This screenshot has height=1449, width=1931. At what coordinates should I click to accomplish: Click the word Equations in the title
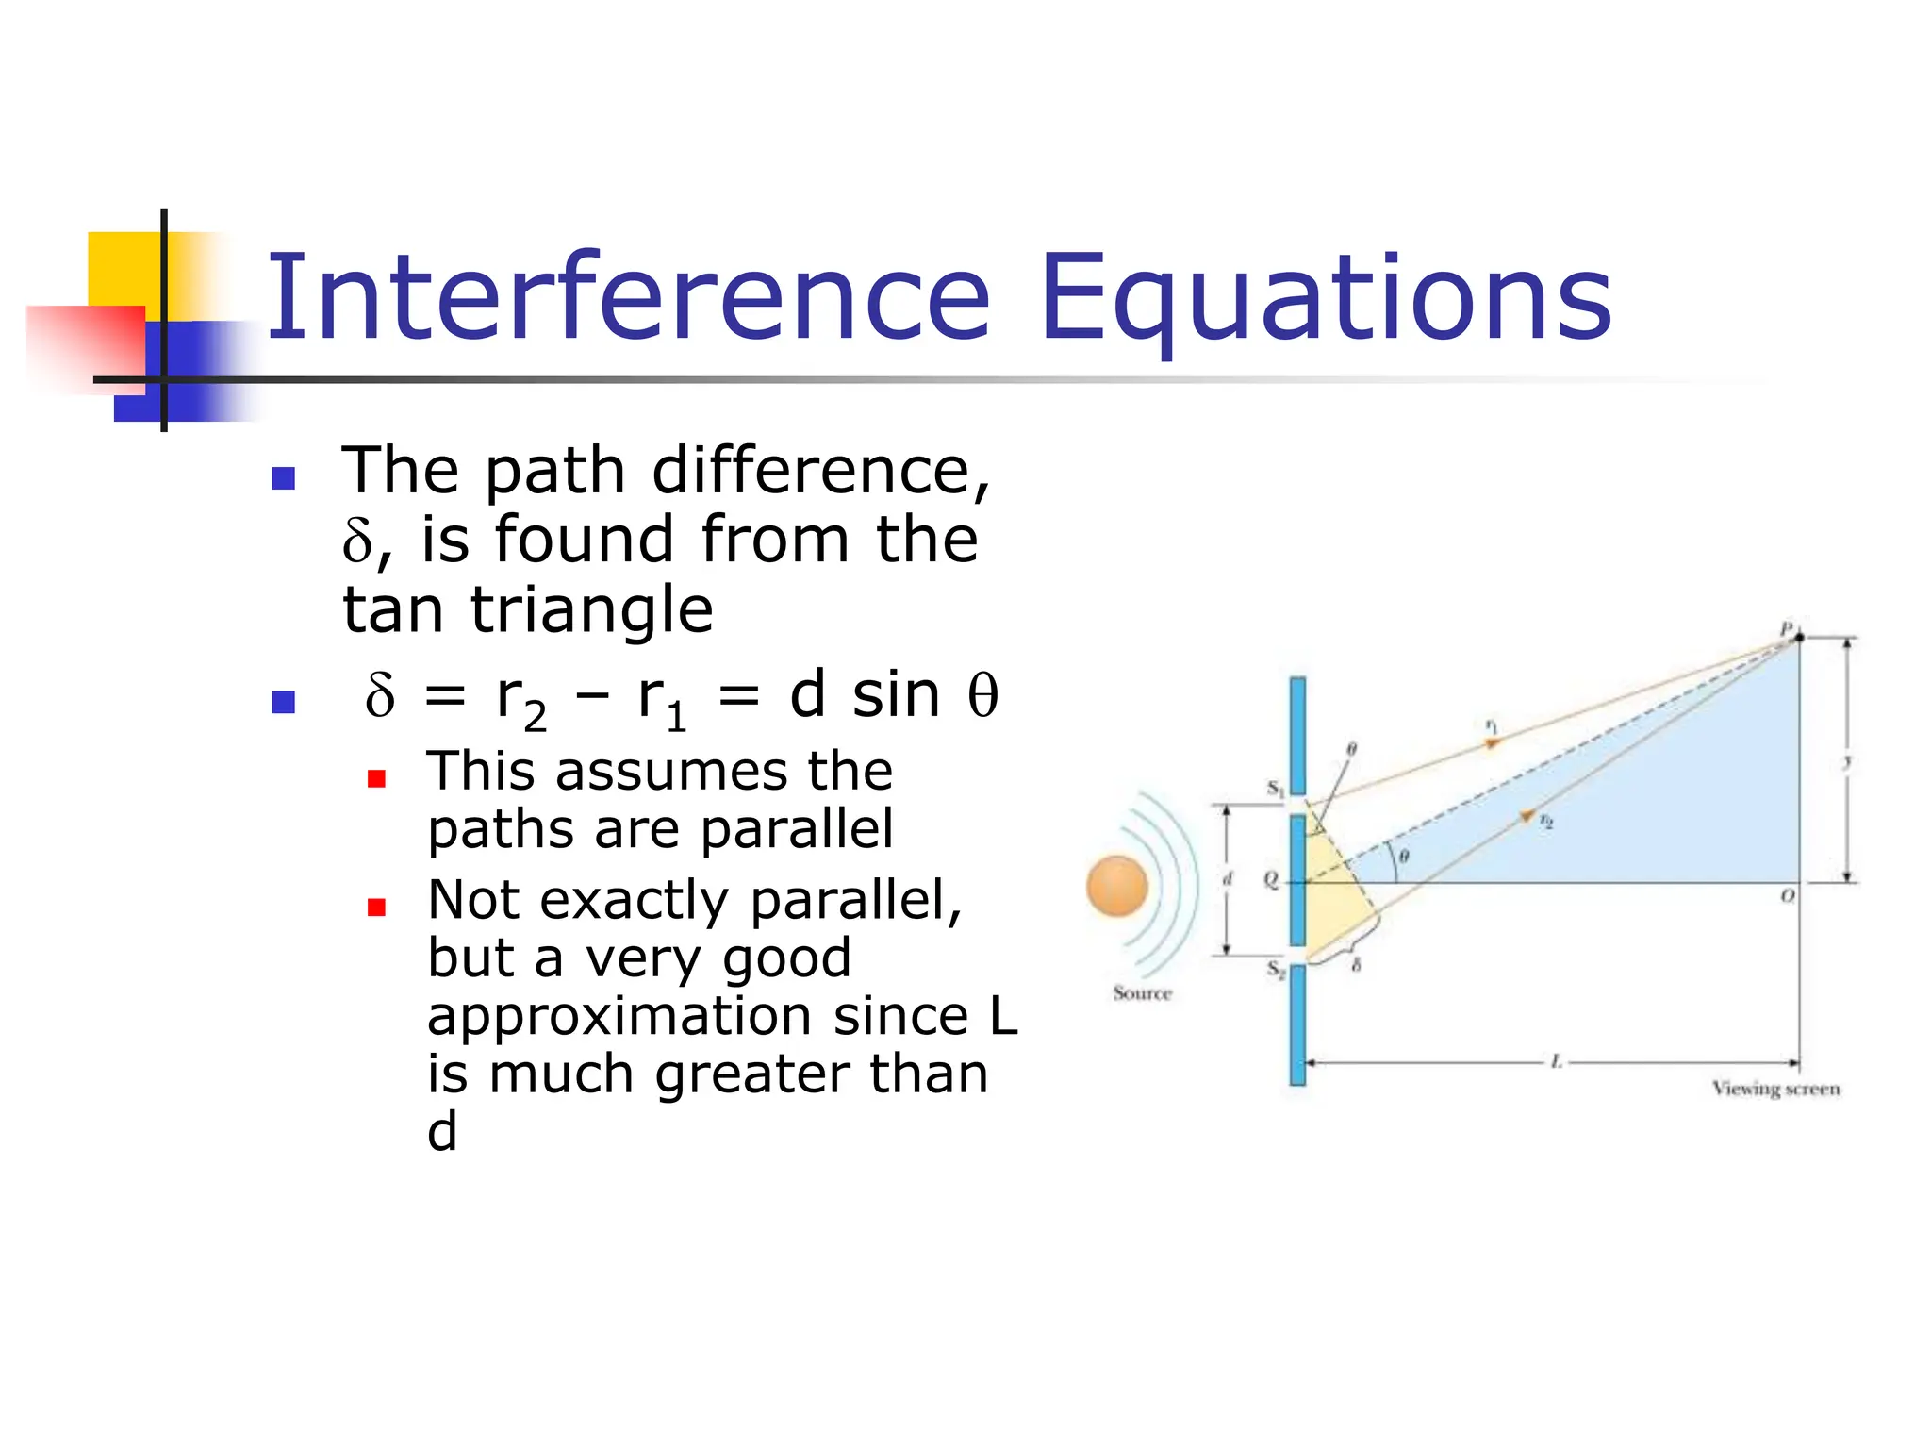point(1326,300)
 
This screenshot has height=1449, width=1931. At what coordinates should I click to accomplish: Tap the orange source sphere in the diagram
point(1116,886)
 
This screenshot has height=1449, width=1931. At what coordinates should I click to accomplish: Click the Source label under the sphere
point(1142,992)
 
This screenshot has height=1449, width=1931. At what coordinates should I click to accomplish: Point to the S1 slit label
point(1275,788)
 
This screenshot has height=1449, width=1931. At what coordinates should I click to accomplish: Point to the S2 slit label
point(1275,969)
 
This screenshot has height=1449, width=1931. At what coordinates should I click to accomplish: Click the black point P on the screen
point(1799,638)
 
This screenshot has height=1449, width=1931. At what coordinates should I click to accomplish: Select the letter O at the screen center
point(1787,894)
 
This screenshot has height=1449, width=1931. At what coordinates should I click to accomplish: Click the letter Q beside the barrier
point(1271,879)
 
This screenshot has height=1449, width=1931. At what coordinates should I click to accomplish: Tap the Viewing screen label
point(1775,1089)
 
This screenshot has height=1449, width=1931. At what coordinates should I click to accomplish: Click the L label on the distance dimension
point(1557,1062)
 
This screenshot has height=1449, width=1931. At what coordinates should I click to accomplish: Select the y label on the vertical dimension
point(1848,761)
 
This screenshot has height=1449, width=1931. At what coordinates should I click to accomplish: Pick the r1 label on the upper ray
point(1491,725)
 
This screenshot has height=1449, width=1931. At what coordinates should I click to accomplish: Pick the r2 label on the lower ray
point(1545,822)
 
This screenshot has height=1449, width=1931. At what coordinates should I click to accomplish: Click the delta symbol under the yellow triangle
point(1356,964)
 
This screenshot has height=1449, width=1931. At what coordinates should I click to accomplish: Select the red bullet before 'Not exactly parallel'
point(377,908)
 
